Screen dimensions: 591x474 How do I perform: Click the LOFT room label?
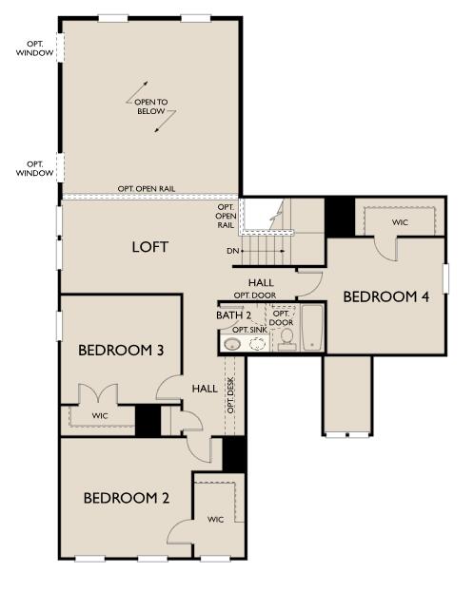click(x=150, y=247)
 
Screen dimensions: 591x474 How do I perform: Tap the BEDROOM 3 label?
click(x=121, y=351)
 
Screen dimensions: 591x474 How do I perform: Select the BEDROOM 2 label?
click(x=126, y=498)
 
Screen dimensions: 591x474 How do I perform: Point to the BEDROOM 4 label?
click(x=385, y=297)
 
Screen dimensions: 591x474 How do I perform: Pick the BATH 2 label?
click(x=234, y=315)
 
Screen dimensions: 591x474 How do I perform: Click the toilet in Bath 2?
click(x=286, y=342)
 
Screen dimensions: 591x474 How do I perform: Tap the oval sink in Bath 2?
click(x=231, y=344)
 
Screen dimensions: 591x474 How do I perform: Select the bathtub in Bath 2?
click(x=313, y=329)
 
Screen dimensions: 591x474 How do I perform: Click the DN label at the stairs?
click(x=231, y=252)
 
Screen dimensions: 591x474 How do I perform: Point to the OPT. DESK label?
click(x=230, y=393)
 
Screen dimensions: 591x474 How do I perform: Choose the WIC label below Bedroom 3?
click(x=100, y=416)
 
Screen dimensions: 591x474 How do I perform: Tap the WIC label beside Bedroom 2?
click(x=215, y=519)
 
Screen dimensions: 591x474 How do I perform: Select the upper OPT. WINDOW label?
click(x=34, y=48)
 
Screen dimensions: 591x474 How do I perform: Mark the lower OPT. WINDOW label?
click(x=34, y=167)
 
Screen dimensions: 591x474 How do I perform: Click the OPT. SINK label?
click(x=249, y=330)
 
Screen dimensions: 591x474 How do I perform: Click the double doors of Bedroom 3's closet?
click(x=95, y=393)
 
